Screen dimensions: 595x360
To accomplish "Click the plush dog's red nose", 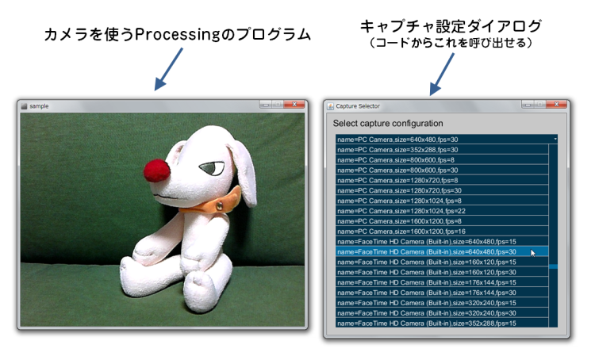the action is pos(156,171).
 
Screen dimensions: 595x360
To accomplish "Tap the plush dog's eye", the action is pos(212,167).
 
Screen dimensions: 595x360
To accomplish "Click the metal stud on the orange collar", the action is pos(220,206).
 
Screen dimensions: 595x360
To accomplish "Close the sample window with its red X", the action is pos(294,105).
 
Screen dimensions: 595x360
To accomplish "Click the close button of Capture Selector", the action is pos(556,105).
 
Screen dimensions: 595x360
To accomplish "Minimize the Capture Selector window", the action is pos(528,105).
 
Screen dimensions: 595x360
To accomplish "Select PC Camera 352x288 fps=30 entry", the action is pos(397,150).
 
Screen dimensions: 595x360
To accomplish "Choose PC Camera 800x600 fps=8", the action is pos(395,160).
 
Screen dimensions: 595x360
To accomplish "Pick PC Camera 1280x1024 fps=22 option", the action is pos(401,211).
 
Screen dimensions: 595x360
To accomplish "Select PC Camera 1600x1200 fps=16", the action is pos(401,232).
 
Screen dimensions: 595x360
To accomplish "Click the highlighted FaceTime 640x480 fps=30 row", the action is pos(427,252).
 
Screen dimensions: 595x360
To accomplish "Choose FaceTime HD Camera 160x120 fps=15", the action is pos(427,262).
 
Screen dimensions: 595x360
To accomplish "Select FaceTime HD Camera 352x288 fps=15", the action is pos(427,324).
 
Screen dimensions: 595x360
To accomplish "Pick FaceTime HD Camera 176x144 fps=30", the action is pos(427,293).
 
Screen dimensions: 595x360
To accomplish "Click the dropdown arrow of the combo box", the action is pos(555,140).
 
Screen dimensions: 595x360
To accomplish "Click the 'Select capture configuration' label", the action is pos(388,123).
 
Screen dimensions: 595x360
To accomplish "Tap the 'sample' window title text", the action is pos(39,106).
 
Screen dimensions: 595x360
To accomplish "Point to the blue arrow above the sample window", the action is pos(168,69).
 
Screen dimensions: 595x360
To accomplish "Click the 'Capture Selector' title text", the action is pos(358,106).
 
